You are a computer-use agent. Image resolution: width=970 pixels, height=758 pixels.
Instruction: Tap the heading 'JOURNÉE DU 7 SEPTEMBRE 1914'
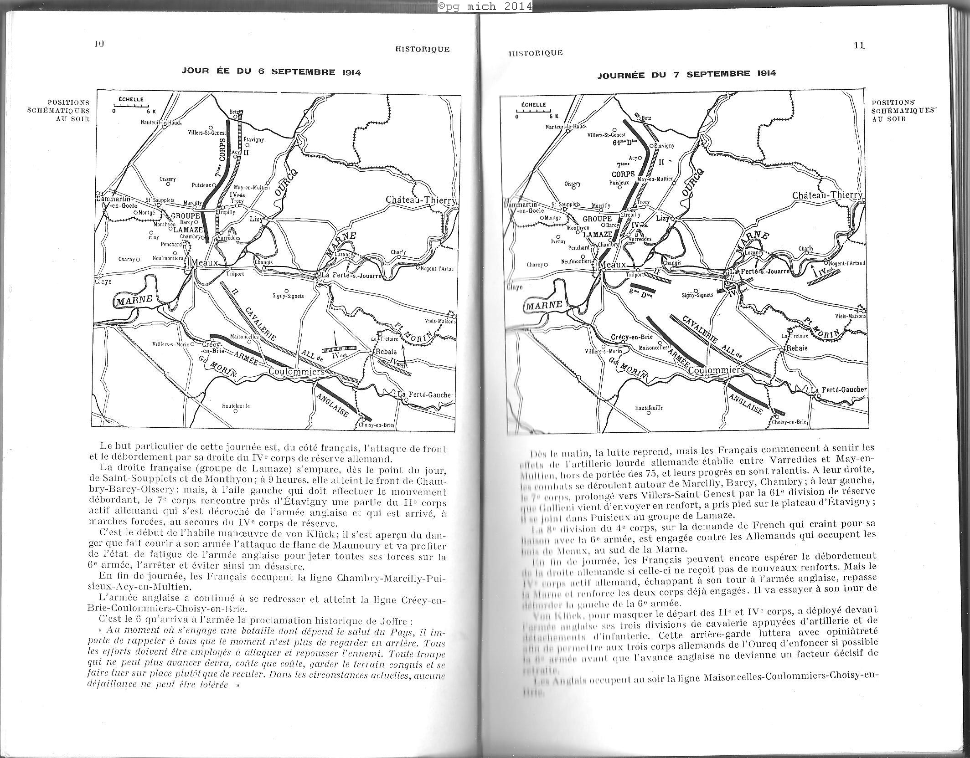(x=687, y=74)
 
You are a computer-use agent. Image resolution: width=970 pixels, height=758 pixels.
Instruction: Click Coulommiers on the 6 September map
(x=296, y=372)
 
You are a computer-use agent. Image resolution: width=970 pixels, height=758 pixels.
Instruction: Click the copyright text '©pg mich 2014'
(x=485, y=5)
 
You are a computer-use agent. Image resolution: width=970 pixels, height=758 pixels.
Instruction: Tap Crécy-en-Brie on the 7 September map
(x=631, y=338)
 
